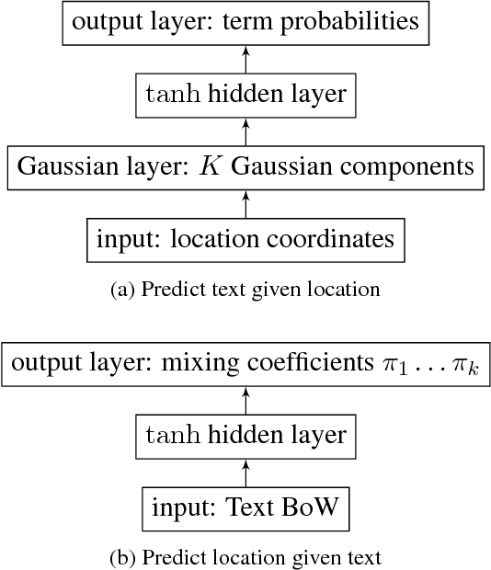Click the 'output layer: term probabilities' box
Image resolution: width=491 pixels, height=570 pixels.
[245, 22]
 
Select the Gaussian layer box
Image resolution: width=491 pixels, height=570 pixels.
[245, 167]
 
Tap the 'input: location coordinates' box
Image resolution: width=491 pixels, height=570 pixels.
[245, 240]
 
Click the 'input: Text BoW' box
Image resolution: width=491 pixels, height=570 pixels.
[245, 507]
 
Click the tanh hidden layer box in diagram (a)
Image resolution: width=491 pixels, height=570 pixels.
[245, 95]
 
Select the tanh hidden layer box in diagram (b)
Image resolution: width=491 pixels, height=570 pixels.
[245, 434]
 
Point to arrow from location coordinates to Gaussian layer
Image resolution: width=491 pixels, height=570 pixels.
[245, 204]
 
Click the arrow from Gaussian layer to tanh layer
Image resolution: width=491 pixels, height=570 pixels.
[245, 131]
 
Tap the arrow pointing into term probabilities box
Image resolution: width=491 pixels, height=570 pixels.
[245, 59]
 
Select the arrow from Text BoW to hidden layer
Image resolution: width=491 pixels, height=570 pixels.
[245, 471]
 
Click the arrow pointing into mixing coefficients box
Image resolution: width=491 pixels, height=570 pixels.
[245, 398]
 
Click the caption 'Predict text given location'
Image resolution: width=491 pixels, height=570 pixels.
[245, 290]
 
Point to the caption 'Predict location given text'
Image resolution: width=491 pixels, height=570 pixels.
[245, 556]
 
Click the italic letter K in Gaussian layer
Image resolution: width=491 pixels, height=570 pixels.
[210, 167]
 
